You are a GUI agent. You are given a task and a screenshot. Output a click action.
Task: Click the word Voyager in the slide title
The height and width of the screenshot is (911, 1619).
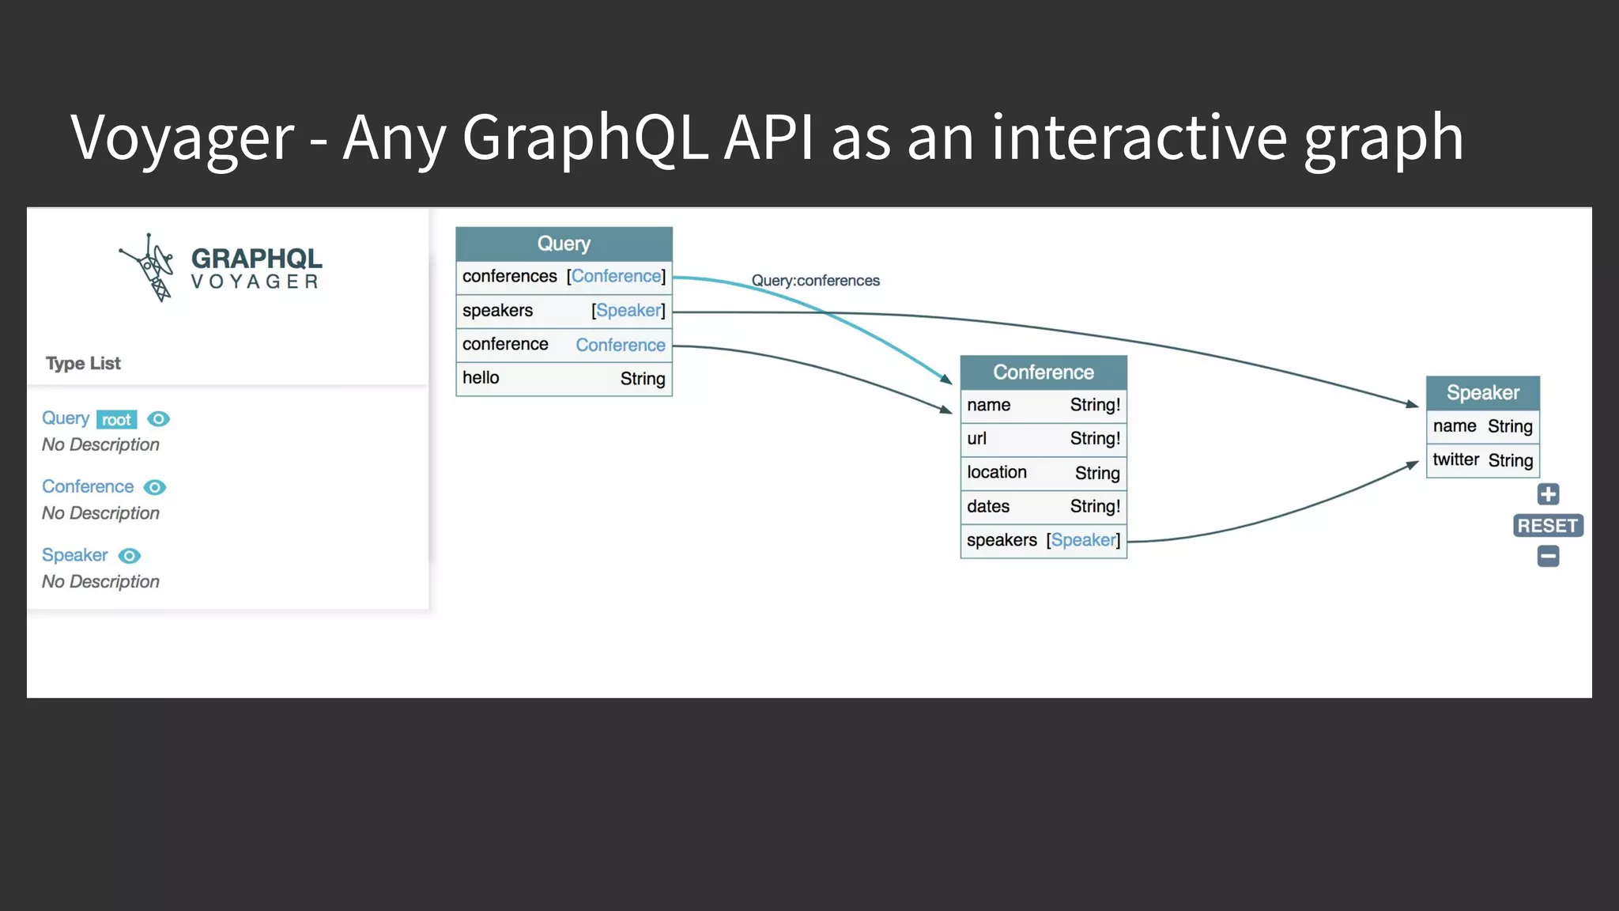point(182,138)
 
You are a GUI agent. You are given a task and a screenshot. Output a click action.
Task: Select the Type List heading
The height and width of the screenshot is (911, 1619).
point(83,363)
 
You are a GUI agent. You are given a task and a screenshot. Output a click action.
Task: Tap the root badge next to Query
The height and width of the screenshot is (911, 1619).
point(116,420)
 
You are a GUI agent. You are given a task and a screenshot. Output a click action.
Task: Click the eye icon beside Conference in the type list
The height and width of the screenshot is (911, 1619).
point(155,487)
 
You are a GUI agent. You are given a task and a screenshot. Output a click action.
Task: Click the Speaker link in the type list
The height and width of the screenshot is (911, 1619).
point(75,555)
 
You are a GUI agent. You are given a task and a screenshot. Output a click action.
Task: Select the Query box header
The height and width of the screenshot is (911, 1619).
point(564,244)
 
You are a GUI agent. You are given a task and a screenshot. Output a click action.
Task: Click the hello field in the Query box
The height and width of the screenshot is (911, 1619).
point(481,378)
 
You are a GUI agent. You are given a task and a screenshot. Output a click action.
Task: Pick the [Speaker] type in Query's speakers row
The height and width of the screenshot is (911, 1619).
point(628,311)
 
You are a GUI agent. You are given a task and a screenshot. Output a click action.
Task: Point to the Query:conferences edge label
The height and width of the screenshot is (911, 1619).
point(815,281)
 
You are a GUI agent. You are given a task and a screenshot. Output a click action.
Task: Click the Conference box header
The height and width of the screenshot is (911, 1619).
point(1043,372)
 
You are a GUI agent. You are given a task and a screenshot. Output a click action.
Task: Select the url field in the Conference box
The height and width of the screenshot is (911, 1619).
point(977,439)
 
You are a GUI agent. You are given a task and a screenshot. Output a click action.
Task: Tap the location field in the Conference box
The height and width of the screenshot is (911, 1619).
point(996,473)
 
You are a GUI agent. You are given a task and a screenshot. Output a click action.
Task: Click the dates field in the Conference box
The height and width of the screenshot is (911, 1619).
point(988,507)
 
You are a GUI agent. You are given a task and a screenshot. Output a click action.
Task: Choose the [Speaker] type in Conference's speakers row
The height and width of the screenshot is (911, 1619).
point(1083,540)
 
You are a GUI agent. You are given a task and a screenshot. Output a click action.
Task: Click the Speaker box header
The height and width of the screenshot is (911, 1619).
point(1482,393)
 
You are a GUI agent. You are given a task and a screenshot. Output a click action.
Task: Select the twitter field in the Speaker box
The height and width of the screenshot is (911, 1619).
point(1455,460)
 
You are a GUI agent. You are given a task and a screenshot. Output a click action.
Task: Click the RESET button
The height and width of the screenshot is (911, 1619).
point(1547,526)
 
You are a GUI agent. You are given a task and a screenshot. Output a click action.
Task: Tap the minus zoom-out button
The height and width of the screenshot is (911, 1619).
point(1548,557)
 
